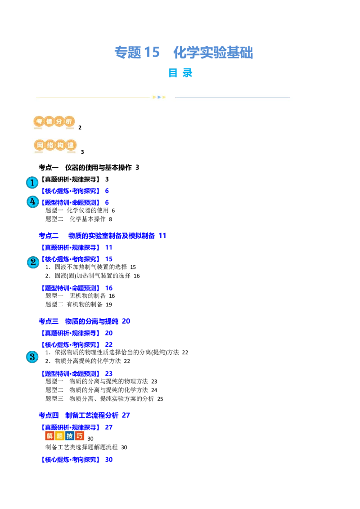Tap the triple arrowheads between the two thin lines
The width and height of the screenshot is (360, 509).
click(159, 97)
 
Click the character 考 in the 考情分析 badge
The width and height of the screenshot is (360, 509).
click(39, 121)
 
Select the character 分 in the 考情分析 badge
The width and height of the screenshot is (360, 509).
click(59, 121)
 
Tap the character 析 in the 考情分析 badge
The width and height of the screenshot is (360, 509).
click(69, 121)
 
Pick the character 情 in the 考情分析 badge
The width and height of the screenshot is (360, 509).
click(49, 121)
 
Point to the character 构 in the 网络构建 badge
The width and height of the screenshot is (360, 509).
click(61, 146)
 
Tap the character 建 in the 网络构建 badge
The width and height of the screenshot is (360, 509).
click(71, 146)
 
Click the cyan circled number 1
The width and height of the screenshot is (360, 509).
click(32, 183)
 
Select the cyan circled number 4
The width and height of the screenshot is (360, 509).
click(32, 202)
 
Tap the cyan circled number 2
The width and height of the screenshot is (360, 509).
click(33, 262)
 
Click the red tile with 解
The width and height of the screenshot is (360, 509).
click(49, 436)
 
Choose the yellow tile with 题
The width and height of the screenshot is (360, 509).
click(59, 436)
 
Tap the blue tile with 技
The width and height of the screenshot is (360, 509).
click(70, 436)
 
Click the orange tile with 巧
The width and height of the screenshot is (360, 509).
click(80, 436)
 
